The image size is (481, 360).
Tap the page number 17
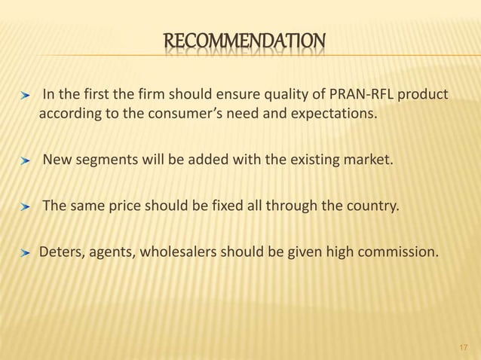pos(463,347)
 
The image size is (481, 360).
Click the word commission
pos(397,252)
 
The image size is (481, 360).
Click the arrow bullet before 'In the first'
pos(26,97)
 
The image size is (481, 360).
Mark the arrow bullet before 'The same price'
pos(26,204)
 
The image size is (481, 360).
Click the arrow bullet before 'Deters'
pos(26,252)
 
